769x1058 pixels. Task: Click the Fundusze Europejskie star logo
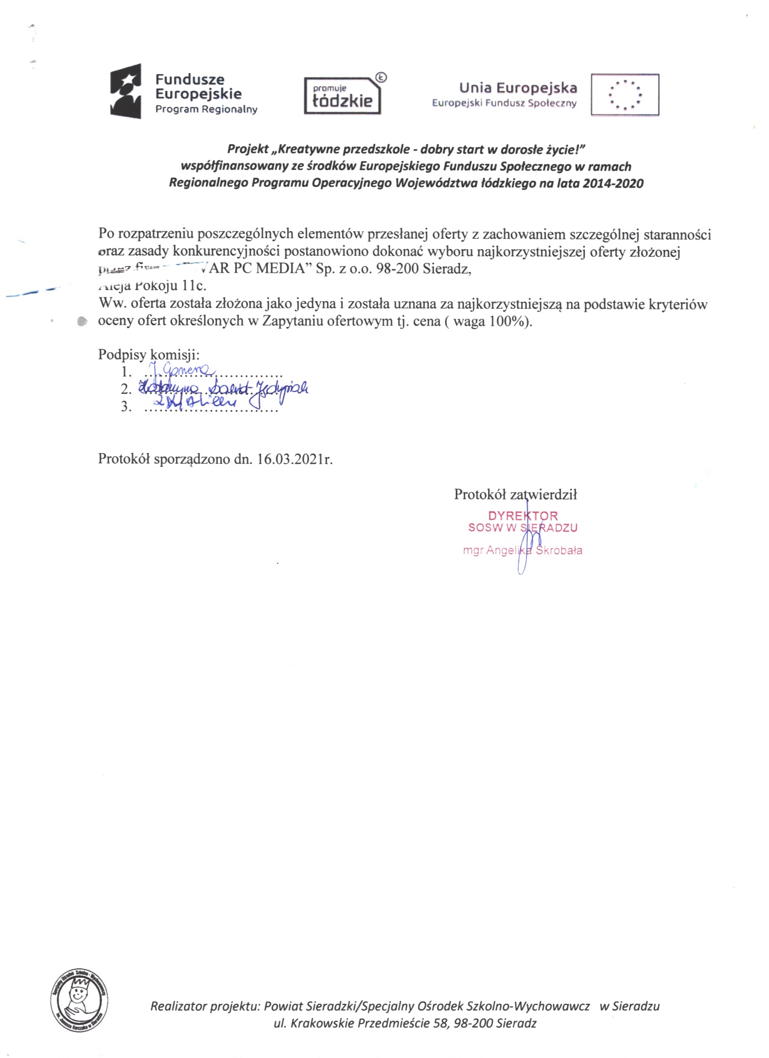tap(125, 90)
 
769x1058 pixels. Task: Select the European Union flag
tap(624, 94)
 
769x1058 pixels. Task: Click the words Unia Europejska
tap(518, 88)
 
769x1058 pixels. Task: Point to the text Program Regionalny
tap(206, 109)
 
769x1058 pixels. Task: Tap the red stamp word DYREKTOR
tap(523, 516)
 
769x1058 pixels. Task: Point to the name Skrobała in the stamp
tap(559, 550)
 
